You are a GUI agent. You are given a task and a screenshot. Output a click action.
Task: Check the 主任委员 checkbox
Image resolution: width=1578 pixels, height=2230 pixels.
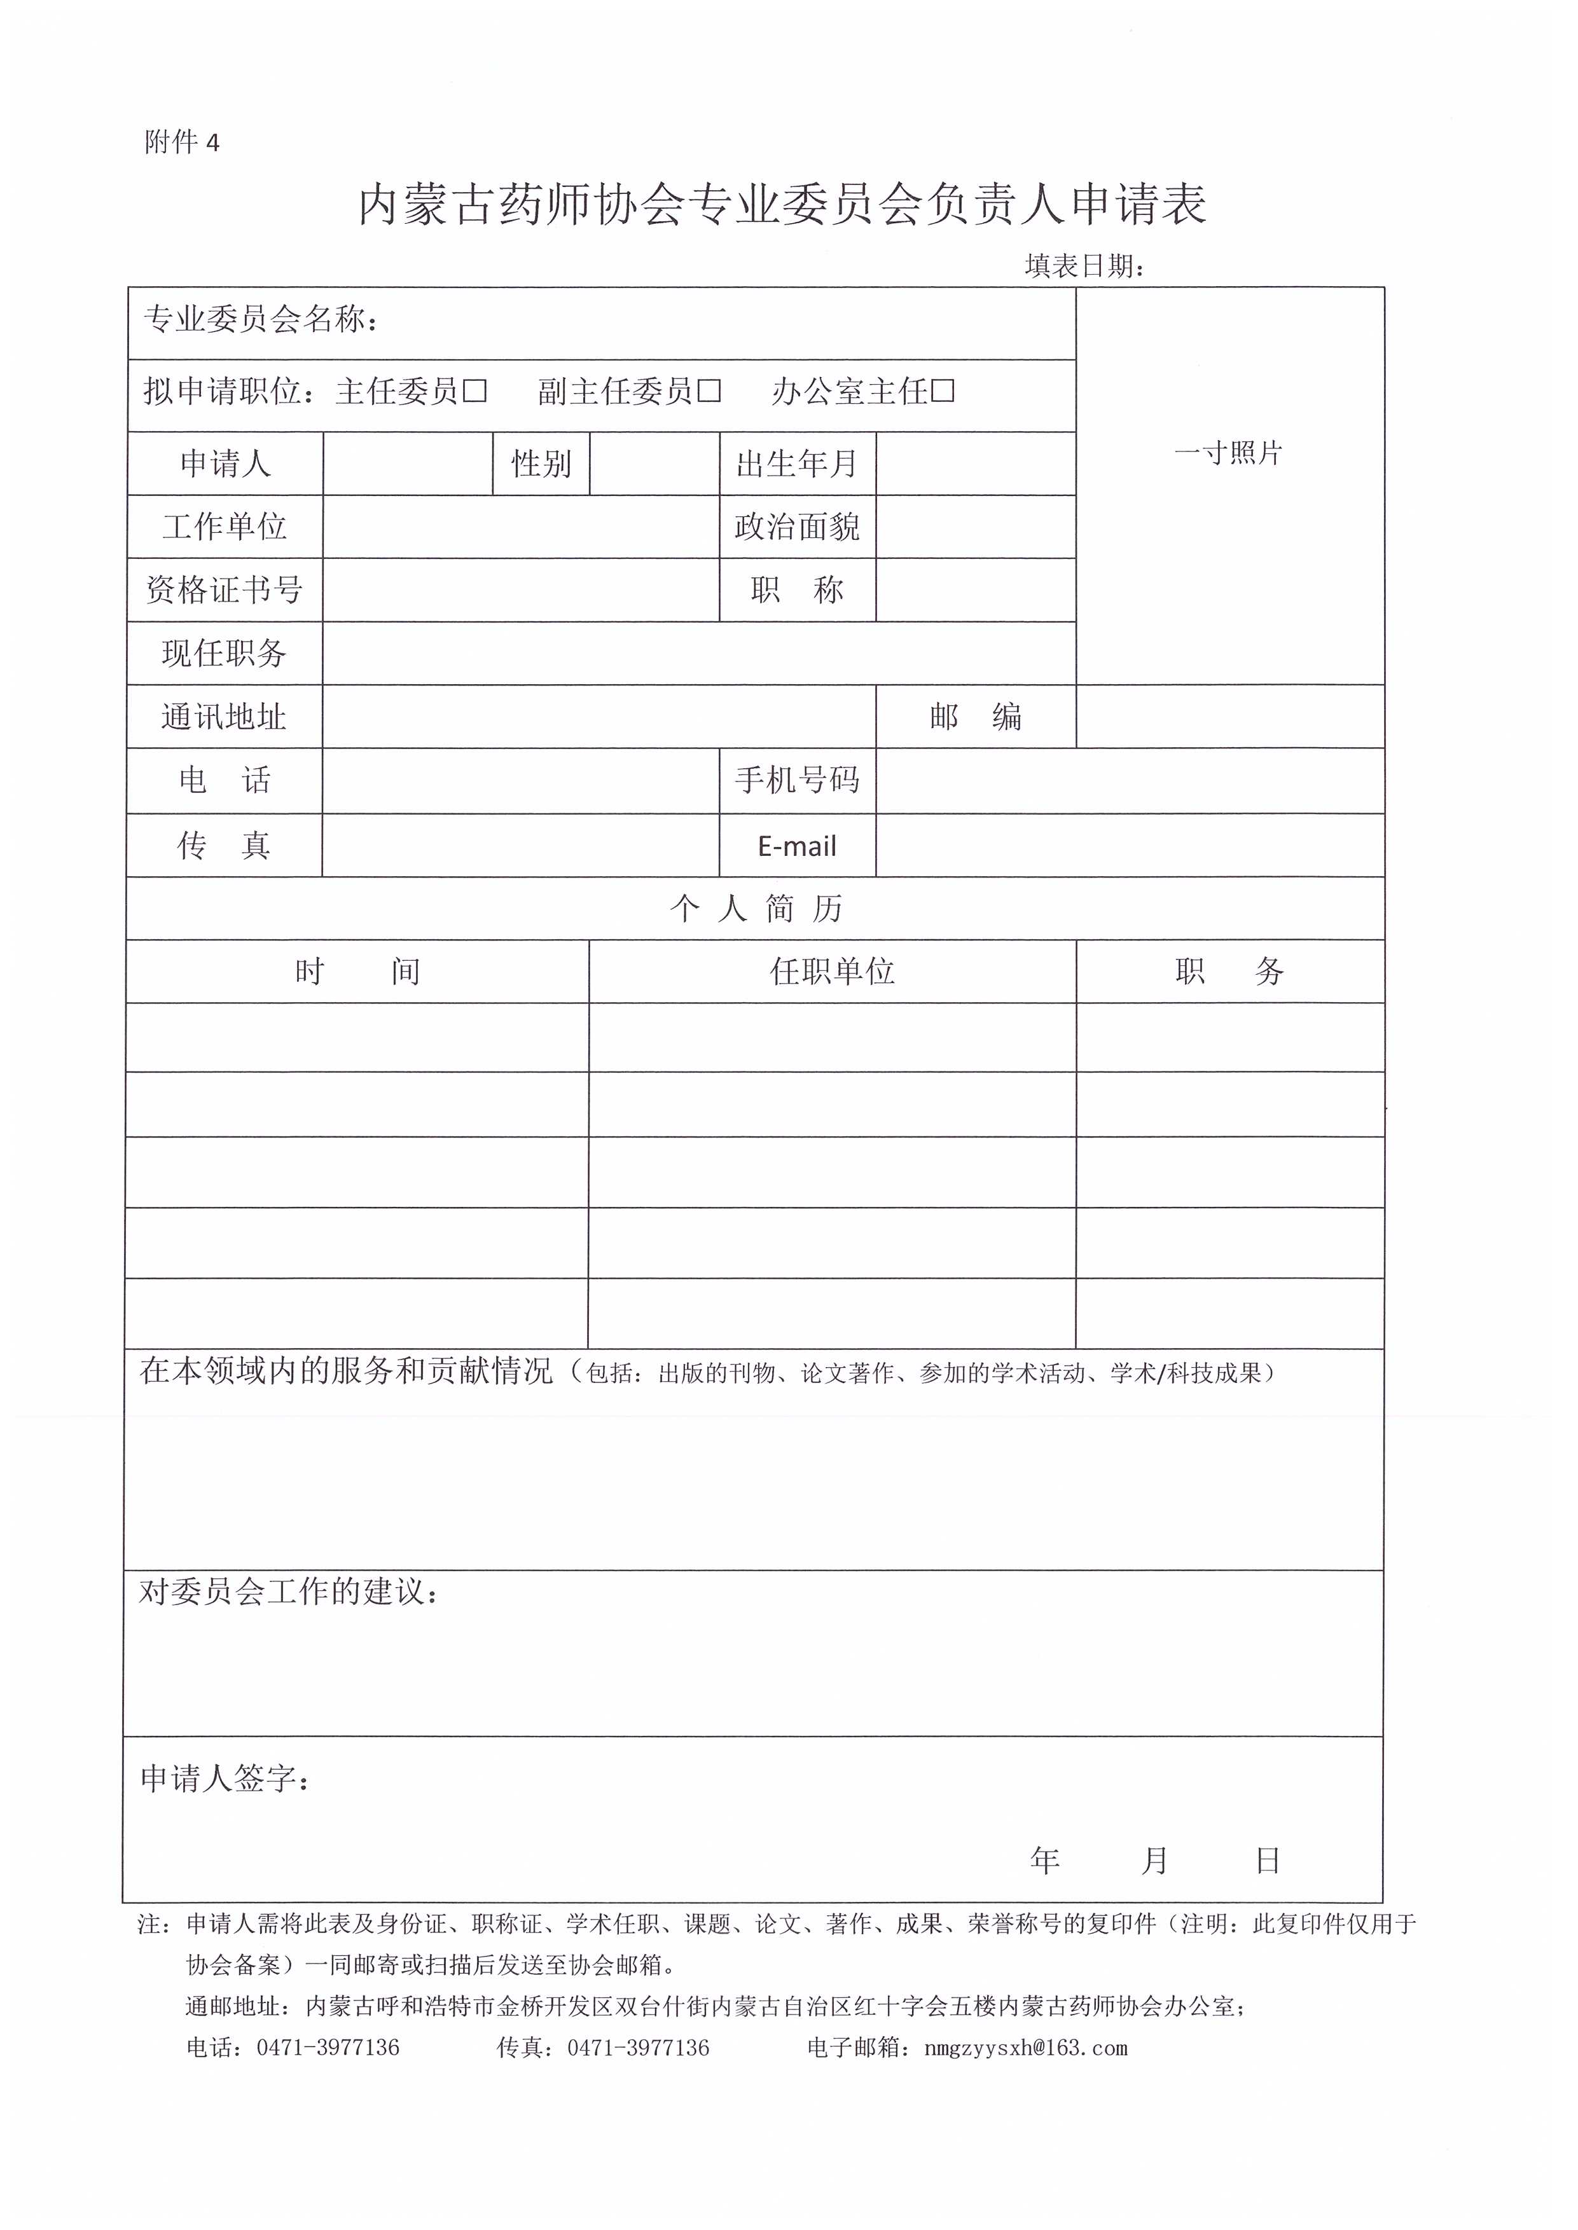(475, 392)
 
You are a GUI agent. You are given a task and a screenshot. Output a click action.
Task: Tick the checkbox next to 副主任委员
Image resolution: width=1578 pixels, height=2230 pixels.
(709, 392)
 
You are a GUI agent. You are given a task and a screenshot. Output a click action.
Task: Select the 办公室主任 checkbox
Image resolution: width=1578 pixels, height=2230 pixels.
(943, 392)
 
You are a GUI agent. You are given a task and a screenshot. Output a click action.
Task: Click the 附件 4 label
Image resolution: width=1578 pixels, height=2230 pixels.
(182, 143)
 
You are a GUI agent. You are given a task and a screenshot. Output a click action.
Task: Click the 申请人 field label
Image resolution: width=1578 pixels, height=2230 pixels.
(225, 464)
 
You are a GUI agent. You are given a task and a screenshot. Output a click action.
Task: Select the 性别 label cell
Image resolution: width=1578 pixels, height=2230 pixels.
(541, 464)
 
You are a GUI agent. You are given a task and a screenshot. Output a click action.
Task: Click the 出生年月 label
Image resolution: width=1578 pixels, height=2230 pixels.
(797, 464)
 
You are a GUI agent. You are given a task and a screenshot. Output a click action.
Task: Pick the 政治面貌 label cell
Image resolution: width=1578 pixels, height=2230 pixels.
(797, 527)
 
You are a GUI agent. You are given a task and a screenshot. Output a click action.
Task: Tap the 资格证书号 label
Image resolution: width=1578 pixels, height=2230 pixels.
(225, 589)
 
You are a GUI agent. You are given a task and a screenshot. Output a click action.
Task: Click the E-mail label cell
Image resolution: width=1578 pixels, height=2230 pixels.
(797, 846)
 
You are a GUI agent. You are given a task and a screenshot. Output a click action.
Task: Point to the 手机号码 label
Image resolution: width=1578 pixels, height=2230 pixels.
(797, 780)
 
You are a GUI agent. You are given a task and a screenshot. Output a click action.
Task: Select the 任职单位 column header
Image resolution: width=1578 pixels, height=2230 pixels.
(832, 971)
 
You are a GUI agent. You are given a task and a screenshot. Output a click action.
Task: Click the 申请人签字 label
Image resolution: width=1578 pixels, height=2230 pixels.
(225, 1779)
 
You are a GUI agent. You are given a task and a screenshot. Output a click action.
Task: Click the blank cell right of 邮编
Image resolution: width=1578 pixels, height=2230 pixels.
(1229, 717)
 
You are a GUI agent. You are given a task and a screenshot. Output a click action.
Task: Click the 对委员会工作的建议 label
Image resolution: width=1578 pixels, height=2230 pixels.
(289, 1592)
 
